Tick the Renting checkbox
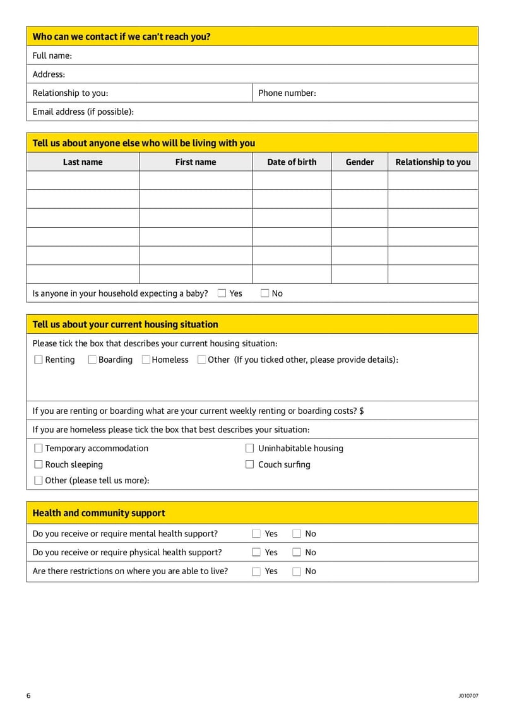[x=39, y=360]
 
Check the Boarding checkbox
[x=92, y=360]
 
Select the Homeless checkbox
[x=146, y=360]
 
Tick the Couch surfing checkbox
[x=249, y=464]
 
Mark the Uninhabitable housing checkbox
[x=249, y=448]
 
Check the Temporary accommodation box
[x=39, y=448]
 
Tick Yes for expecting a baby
[x=222, y=293]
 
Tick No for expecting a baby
[x=264, y=293]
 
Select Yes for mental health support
[x=256, y=534]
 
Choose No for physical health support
[x=297, y=552]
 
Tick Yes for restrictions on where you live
[x=256, y=571]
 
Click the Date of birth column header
[x=292, y=162]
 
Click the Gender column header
[x=359, y=162]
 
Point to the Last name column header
[x=83, y=162]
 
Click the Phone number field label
[x=287, y=93]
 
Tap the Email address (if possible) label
[x=83, y=112]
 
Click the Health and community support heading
[x=98, y=513]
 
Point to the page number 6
[x=28, y=695]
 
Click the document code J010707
[x=468, y=696]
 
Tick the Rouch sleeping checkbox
[x=39, y=464]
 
